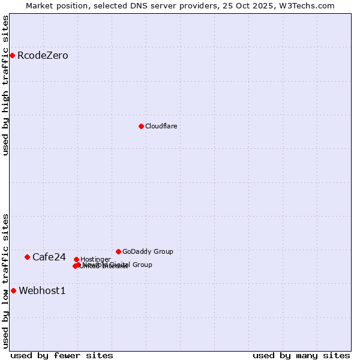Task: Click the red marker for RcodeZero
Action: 12,56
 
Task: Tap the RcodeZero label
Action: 43,56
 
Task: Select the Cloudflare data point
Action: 141,126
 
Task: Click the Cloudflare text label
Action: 161,126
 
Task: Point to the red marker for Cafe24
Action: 27,257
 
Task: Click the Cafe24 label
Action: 49,257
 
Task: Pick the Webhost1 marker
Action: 13,290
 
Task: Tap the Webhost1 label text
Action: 42,291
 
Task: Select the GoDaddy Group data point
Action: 118,251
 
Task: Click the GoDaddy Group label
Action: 148,251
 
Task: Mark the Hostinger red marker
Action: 76,259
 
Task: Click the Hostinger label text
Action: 95,259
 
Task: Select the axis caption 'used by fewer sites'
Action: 62,355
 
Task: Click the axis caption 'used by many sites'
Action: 301,355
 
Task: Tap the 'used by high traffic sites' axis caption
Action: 6,85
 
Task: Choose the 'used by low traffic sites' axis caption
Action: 6,280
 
